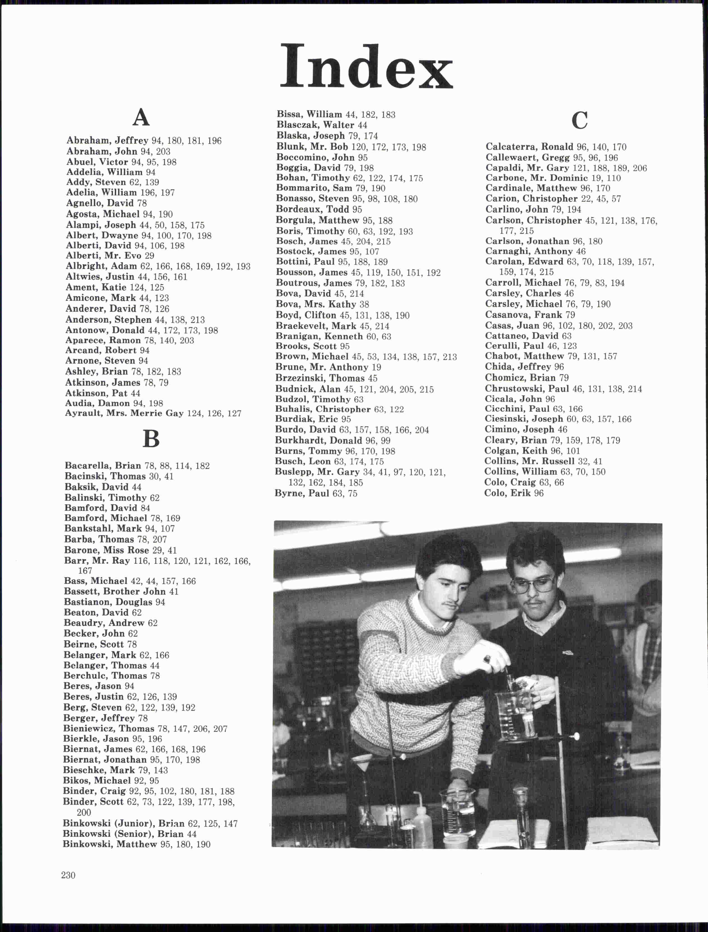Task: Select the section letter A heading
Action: (x=141, y=117)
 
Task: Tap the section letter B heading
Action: (x=151, y=439)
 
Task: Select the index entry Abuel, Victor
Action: (x=121, y=162)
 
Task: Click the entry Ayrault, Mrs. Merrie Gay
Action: (x=153, y=413)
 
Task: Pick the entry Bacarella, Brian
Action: (x=137, y=466)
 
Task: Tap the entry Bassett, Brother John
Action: (x=121, y=591)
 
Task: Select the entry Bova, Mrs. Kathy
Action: (x=322, y=304)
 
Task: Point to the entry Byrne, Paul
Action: (x=316, y=493)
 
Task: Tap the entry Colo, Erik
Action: (x=514, y=493)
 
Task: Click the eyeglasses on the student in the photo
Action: (x=533, y=584)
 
